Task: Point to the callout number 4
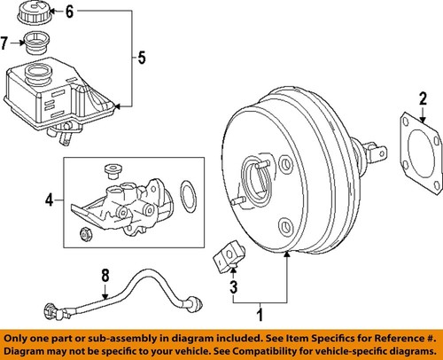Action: tap(50, 200)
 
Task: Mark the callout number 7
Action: tap(6, 42)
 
